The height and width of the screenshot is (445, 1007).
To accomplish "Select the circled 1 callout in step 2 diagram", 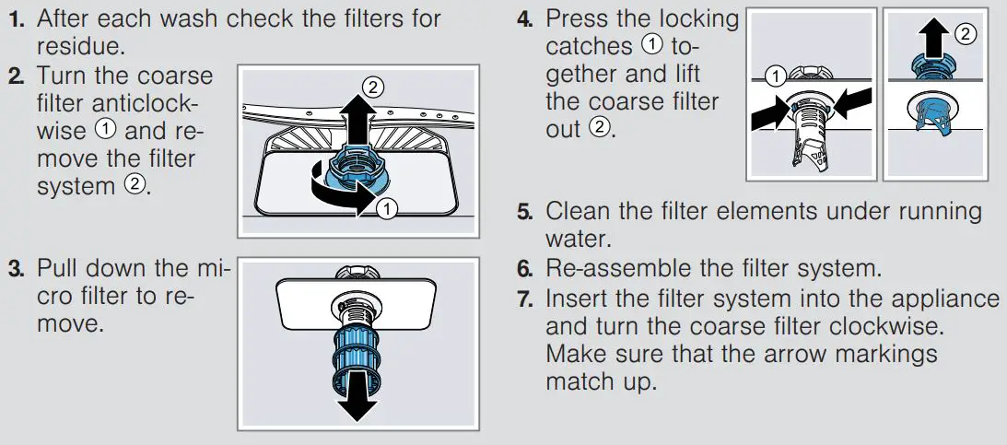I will (387, 208).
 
